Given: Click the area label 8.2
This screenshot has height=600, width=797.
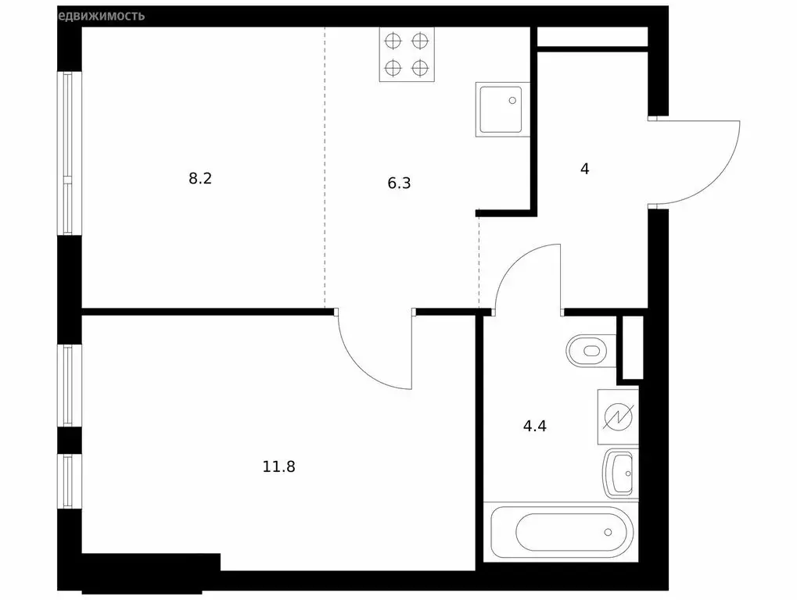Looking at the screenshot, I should click(200, 178).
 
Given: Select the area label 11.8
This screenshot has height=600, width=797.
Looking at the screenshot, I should click(278, 467).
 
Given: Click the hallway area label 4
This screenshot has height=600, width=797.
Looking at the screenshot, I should click(584, 169).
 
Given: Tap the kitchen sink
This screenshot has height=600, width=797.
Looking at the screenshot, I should click(502, 109).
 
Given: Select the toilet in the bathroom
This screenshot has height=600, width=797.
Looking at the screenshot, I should click(590, 350).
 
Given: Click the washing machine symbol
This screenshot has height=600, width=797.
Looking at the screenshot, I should click(618, 416).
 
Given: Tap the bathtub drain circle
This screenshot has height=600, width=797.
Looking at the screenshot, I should click(608, 533).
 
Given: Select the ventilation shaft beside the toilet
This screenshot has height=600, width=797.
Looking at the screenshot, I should click(630, 348).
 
